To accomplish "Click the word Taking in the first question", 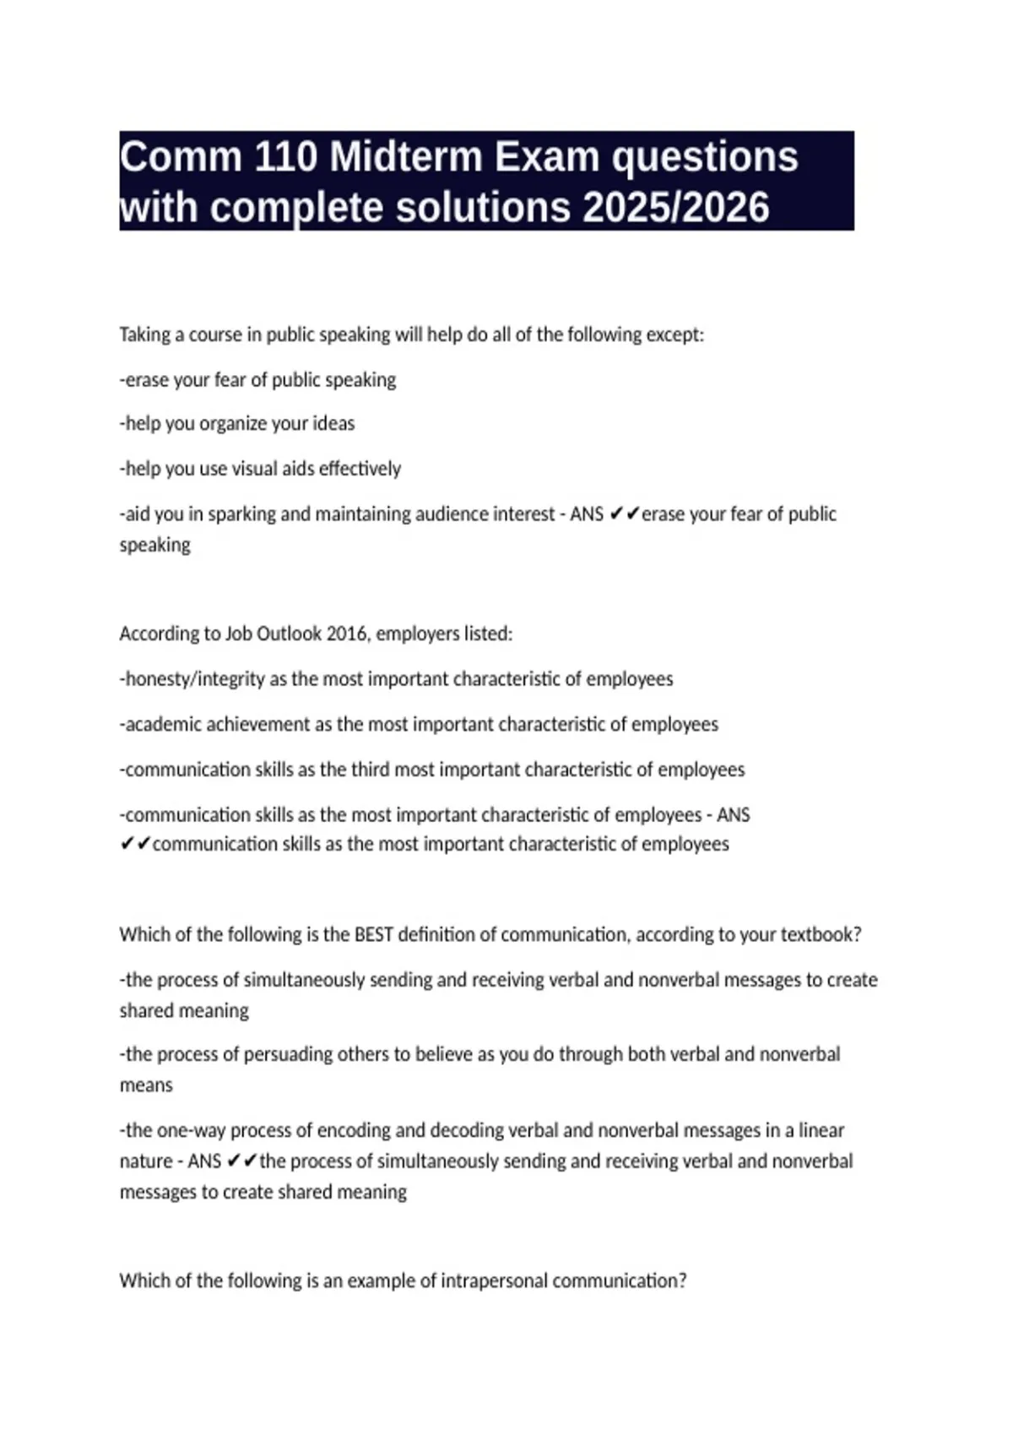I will pyautogui.click(x=144, y=335).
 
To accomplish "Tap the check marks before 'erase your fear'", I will pyautogui.click(x=624, y=514).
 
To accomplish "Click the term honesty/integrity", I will pyautogui.click(x=195, y=679).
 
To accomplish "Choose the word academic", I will pyautogui.click(x=164, y=725).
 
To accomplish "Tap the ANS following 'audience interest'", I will pyautogui.click(x=587, y=514).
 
